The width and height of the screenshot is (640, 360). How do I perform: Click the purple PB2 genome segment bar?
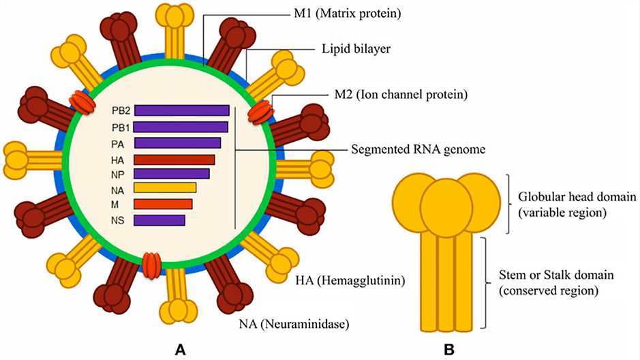click(x=181, y=110)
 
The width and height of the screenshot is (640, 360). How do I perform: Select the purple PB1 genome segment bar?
click(x=181, y=127)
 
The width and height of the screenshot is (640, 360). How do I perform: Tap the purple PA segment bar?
click(x=177, y=142)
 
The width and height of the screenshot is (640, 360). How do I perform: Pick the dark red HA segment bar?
click(x=174, y=160)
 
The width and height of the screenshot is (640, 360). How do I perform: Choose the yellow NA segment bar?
click(x=165, y=187)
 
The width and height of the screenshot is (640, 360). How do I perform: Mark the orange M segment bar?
click(x=163, y=204)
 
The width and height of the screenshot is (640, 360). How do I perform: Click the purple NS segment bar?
click(x=159, y=220)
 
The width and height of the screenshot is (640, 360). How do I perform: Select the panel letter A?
click(x=181, y=350)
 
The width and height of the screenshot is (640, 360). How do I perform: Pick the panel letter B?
click(x=449, y=350)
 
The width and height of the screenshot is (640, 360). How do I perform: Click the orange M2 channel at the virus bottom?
click(x=152, y=264)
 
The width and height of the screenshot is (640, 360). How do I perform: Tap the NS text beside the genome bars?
click(x=120, y=220)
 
